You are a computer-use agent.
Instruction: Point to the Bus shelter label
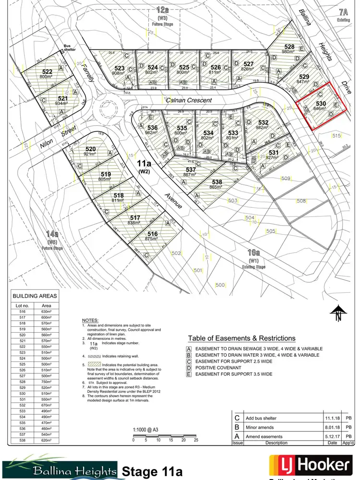coord(71,49)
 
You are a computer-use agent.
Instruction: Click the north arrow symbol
coord(337,315)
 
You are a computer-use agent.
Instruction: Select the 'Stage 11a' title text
coord(152,470)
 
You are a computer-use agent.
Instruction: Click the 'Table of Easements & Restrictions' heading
coord(241,338)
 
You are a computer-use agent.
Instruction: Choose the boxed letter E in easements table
coord(190,373)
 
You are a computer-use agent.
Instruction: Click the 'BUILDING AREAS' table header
coord(35,296)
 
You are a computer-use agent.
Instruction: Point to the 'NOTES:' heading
coord(90,320)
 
